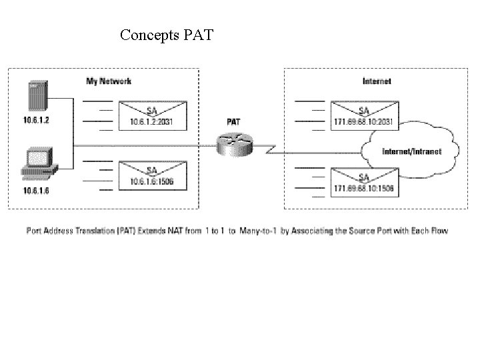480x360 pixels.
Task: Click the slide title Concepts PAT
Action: click(167, 34)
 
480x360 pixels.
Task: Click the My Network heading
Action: click(109, 81)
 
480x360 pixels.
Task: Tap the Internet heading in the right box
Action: click(377, 81)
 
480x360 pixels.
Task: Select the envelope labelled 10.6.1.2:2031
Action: click(153, 115)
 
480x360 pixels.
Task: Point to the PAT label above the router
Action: click(235, 123)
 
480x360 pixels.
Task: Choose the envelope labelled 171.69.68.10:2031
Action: click(364, 115)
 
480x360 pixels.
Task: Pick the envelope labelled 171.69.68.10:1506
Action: click(364, 182)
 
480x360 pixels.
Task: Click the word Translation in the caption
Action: click(106, 231)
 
